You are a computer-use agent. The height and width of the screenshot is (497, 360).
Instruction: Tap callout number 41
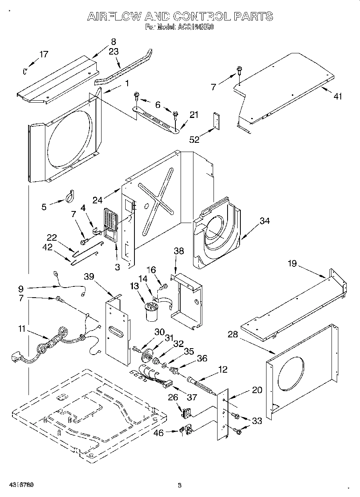tap(338, 96)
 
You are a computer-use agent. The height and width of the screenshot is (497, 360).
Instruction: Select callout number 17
tap(43, 54)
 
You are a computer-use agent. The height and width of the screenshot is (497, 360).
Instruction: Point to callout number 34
tap(264, 221)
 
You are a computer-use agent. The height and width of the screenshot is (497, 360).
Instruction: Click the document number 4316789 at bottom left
tap(20, 485)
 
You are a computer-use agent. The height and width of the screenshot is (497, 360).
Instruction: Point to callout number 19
tap(292, 264)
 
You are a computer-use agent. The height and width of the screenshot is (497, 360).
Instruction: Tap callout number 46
tap(159, 433)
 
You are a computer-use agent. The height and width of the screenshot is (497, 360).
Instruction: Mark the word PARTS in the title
tap(254, 16)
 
